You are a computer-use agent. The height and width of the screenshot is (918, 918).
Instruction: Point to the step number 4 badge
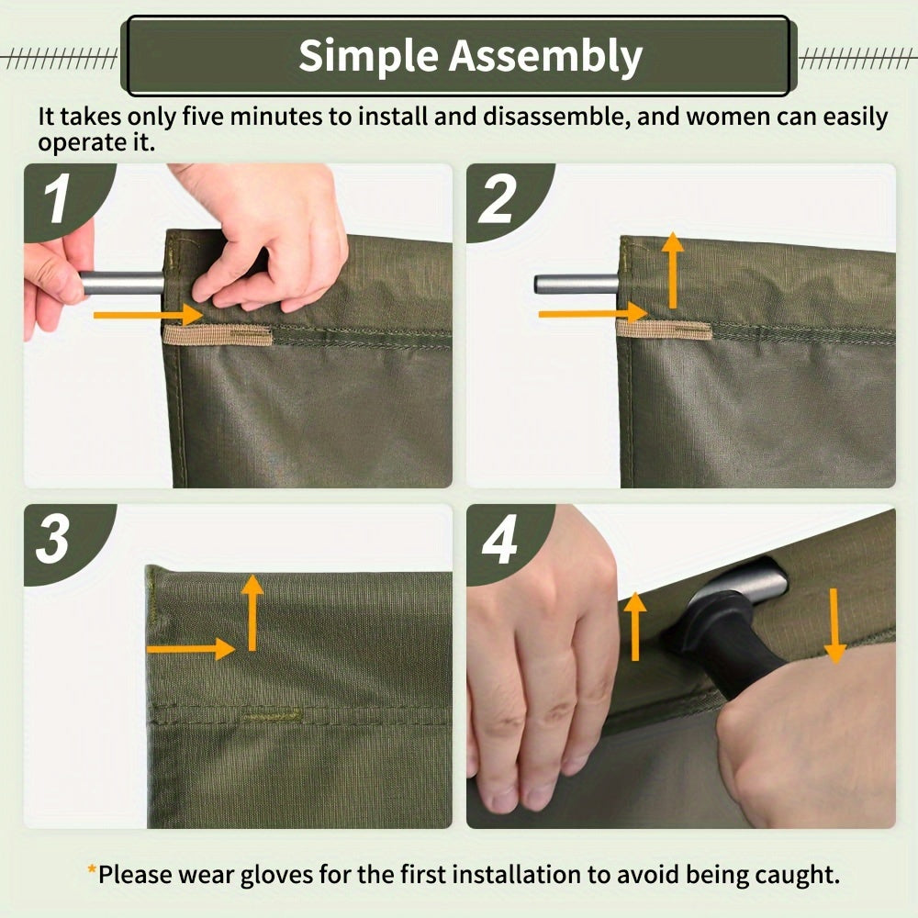pos(500,542)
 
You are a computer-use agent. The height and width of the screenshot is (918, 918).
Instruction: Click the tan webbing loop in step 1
pos(218,335)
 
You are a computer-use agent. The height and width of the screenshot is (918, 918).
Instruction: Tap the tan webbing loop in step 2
pos(663,330)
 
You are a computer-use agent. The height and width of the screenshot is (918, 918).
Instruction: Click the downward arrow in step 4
pos(834,625)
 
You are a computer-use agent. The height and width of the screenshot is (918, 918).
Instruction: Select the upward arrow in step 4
pos(634,625)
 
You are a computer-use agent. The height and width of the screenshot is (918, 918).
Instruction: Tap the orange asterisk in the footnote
pos(92,873)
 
